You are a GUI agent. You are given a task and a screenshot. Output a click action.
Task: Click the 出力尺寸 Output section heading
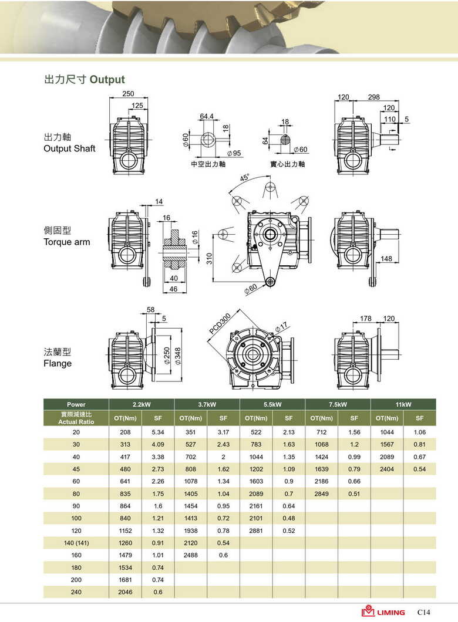(x=85, y=80)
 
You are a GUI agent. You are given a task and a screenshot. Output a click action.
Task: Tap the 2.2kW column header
(x=142, y=404)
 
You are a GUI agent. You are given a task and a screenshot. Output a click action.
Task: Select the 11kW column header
(x=403, y=404)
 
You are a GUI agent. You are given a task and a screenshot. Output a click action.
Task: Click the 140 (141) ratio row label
(x=76, y=543)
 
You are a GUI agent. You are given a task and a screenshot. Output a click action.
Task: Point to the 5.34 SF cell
(x=157, y=432)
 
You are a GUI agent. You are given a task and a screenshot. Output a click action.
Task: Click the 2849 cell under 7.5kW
(x=321, y=493)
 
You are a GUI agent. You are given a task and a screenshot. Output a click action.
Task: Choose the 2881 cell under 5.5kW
(x=255, y=530)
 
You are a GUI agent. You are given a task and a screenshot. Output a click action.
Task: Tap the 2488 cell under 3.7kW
(x=190, y=555)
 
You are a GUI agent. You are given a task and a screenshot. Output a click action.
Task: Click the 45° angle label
(x=244, y=177)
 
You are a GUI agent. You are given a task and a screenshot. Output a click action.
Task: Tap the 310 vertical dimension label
(x=209, y=258)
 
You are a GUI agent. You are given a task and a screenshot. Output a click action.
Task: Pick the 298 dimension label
(x=373, y=97)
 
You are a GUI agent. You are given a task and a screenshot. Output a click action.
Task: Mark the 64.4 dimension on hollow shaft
(x=207, y=116)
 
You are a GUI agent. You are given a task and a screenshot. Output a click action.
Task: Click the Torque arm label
(x=67, y=242)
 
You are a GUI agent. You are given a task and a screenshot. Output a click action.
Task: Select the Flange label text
(x=58, y=363)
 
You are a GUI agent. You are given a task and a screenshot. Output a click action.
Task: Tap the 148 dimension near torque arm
(x=386, y=259)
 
